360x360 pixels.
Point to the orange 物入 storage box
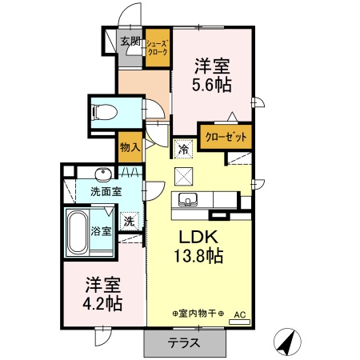coord(130,147)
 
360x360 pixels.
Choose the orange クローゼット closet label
coord(226,138)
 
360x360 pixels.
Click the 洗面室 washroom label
coord(106,192)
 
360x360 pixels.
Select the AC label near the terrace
coord(239,315)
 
